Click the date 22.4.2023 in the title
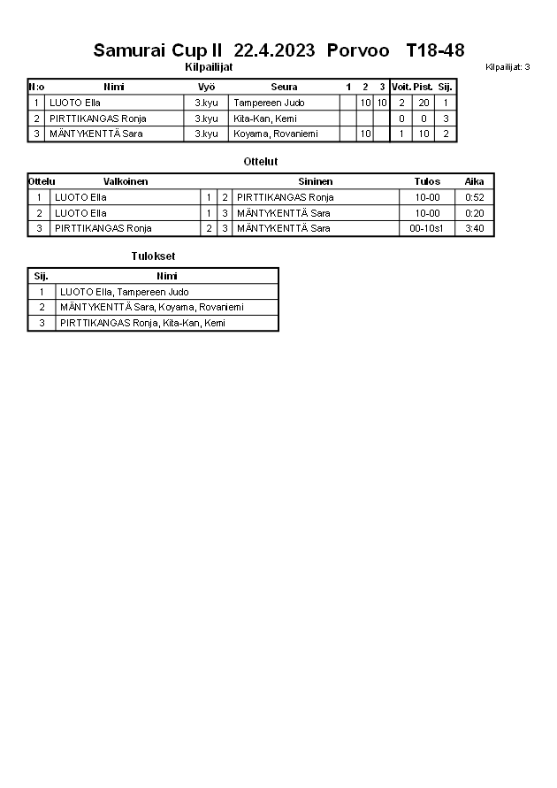[274, 50]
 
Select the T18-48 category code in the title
[435, 50]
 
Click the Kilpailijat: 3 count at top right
[507, 67]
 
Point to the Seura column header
[284, 87]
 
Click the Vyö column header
[206, 87]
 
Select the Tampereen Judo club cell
[269, 103]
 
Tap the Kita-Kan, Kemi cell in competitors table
[265, 119]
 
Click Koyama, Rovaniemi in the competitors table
[275, 134]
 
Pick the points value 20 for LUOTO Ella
[423, 103]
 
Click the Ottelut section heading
[261, 162]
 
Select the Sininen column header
[315, 181]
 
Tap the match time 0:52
[475, 197]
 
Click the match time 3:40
[475, 228]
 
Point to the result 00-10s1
[427, 228]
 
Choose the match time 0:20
[475, 213]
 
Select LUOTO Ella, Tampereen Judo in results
[125, 292]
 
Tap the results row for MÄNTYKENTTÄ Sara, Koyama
[152, 307]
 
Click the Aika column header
[475, 181]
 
